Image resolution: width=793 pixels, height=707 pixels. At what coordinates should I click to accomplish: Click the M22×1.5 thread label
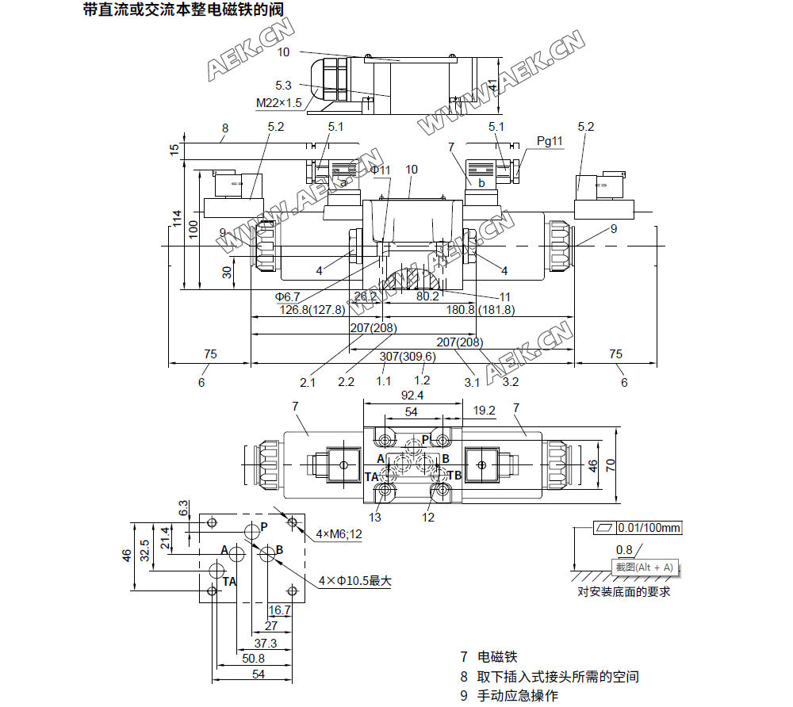(279, 103)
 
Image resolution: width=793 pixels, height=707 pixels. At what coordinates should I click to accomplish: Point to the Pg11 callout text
(550, 141)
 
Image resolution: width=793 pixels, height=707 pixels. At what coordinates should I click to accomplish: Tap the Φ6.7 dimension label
(287, 296)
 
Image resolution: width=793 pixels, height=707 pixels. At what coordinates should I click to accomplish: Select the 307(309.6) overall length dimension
(407, 357)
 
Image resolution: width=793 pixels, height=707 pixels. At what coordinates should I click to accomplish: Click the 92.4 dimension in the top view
(412, 395)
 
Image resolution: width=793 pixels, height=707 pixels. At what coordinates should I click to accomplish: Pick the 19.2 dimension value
(485, 411)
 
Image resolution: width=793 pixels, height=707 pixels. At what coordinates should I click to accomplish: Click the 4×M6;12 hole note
(339, 534)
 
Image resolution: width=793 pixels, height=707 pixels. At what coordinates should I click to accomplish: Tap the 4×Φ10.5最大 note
(355, 581)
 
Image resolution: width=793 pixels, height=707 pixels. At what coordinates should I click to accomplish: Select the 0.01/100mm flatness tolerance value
(650, 528)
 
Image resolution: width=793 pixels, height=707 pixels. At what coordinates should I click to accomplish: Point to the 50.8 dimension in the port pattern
(253, 658)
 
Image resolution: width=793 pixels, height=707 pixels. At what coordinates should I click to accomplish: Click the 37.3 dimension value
(265, 643)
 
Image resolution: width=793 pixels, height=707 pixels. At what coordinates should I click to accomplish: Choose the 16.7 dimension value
(280, 610)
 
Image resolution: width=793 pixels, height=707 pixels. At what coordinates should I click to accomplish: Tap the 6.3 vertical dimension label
(184, 507)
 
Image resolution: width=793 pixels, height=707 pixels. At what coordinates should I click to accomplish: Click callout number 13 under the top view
(375, 518)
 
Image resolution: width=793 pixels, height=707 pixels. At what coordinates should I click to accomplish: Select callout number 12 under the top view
(428, 518)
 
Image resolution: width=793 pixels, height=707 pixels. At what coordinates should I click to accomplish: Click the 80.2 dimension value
(427, 296)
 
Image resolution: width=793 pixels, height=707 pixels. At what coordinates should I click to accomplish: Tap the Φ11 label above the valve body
(381, 170)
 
